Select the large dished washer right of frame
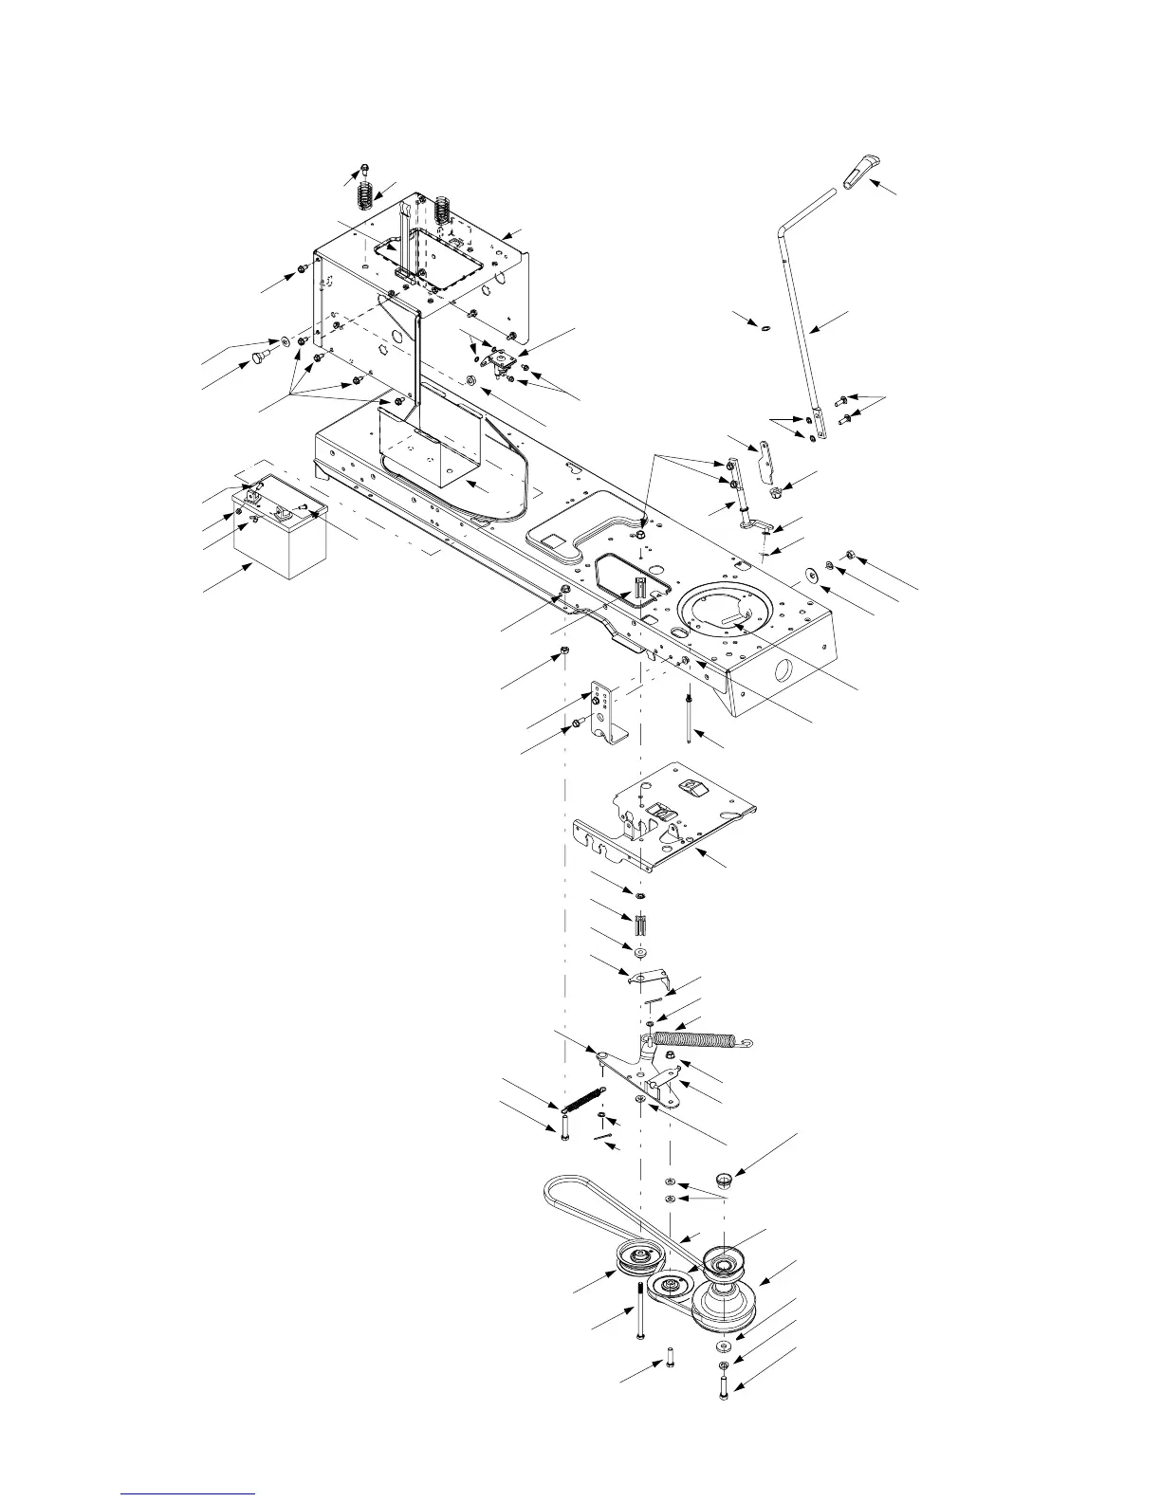[813, 576]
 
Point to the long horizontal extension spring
[703, 1040]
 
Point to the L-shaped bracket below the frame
[606, 712]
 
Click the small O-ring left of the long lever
[765, 328]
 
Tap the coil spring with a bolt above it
[365, 196]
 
